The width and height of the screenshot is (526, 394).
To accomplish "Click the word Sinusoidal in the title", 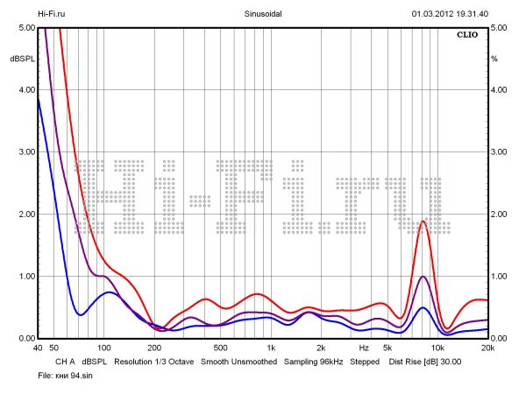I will [263, 14].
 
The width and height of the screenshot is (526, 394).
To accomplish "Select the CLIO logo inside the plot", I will [466, 36].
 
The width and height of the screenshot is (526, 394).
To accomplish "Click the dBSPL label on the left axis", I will [21, 59].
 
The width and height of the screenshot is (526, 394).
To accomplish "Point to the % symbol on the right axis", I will [494, 59].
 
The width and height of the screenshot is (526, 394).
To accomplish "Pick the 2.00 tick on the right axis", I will [500, 215].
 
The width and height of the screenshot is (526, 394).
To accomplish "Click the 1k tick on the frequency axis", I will [271, 348].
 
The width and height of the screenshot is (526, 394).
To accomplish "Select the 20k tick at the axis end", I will [486, 348].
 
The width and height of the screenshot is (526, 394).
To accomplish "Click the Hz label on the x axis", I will [363, 348].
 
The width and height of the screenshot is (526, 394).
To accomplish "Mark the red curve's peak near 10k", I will [423, 222].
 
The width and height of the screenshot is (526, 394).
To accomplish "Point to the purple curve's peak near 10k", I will [423, 277].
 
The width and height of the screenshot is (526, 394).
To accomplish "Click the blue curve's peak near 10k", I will [423, 307].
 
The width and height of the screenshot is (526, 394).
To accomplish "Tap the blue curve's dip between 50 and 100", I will [80, 314].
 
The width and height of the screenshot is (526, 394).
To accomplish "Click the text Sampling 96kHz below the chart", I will [313, 361].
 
